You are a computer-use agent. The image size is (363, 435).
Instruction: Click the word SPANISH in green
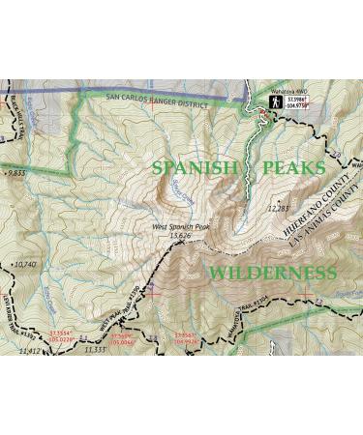pyautogui.click(x=194, y=167)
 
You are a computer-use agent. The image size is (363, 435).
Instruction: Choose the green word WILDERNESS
pyautogui.click(x=274, y=273)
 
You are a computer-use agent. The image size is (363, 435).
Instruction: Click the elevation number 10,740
pyautogui.click(x=23, y=263)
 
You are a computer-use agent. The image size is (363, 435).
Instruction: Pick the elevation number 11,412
pyautogui.click(x=30, y=351)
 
